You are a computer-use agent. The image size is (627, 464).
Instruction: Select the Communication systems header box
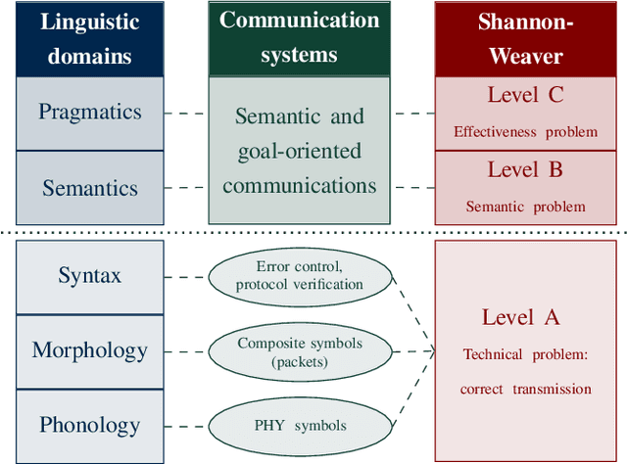(x=299, y=38)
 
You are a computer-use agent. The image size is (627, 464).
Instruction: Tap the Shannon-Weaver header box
(x=526, y=38)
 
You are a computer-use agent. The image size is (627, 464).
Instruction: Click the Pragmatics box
(x=90, y=113)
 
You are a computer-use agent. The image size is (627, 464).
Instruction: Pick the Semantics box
(x=90, y=187)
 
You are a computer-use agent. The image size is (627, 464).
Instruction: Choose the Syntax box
(x=90, y=276)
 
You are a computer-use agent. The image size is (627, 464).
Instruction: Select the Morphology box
(x=90, y=350)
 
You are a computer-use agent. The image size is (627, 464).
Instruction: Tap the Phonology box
(x=90, y=425)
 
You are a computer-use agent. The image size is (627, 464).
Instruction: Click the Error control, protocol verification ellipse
(x=299, y=276)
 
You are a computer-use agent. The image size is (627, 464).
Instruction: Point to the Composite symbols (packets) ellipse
(x=299, y=350)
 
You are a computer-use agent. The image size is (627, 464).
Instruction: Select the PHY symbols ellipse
(x=299, y=425)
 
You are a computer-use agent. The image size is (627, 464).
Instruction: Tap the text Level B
(x=525, y=170)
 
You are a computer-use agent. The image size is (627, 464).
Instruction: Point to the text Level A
(x=521, y=317)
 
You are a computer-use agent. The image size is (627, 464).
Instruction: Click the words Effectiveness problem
(x=525, y=131)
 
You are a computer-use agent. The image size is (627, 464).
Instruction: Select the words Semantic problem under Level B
(x=525, y=207)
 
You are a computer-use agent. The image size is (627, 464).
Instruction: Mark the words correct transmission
(x=525, y=389)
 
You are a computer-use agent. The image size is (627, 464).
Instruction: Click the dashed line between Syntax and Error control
(x=185, y=276)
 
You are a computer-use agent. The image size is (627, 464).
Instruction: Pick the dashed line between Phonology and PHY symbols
(x=185, y=425)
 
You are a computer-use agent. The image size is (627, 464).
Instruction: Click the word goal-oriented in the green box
(x=299, y=151)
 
